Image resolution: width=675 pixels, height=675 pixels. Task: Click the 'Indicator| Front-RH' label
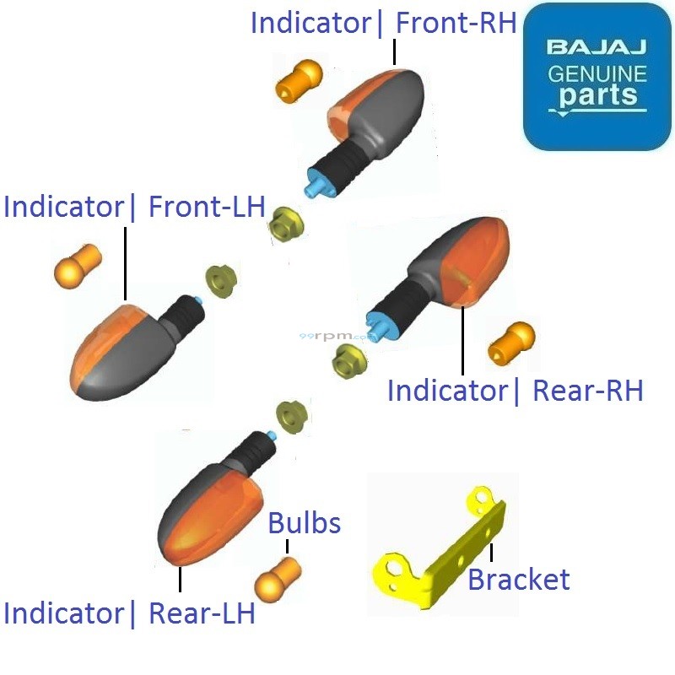(383, 23)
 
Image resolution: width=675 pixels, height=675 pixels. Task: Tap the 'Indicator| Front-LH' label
(135, 207)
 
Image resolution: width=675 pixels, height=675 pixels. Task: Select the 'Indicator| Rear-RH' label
(515, 391)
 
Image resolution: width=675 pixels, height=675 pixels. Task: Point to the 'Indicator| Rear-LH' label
(129, 613)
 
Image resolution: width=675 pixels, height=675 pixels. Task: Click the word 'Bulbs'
(304, 523)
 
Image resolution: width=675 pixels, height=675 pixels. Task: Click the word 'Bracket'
(518, 580)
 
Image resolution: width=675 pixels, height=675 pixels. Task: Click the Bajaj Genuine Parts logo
(597, 77)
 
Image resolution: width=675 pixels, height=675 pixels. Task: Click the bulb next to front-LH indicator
(78, 266)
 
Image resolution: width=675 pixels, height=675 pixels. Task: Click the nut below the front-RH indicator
(286, 224)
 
